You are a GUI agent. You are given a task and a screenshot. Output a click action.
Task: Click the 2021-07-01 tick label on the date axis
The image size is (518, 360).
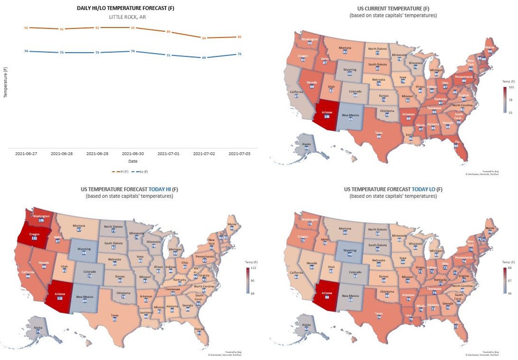tap(168, 154)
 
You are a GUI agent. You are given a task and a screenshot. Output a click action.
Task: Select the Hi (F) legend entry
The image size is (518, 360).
tap(119, 171)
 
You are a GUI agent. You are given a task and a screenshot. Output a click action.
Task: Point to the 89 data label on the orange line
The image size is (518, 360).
tap(168, 32)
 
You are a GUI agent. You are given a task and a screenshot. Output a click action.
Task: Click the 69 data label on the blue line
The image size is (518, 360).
tap(204, 58)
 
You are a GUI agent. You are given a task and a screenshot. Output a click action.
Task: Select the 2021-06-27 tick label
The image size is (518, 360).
tap(26, 154)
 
